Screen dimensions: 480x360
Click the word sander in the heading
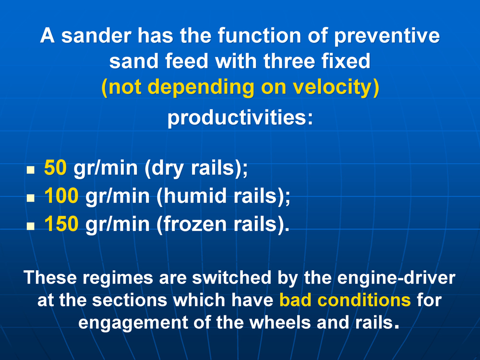coord(96,36)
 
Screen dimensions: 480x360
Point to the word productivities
coord(240,118)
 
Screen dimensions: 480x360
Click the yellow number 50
coord(55,168)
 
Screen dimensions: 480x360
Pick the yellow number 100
coord(61,196)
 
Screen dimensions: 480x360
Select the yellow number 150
coord(61,224)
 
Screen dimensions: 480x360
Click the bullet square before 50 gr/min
coord(31,170)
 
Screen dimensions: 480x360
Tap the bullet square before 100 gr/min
coord(31,198)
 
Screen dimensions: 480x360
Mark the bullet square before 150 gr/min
coord(31,226)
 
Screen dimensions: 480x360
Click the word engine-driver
coord(396,278)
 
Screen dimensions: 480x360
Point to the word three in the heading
coord(289,61)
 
